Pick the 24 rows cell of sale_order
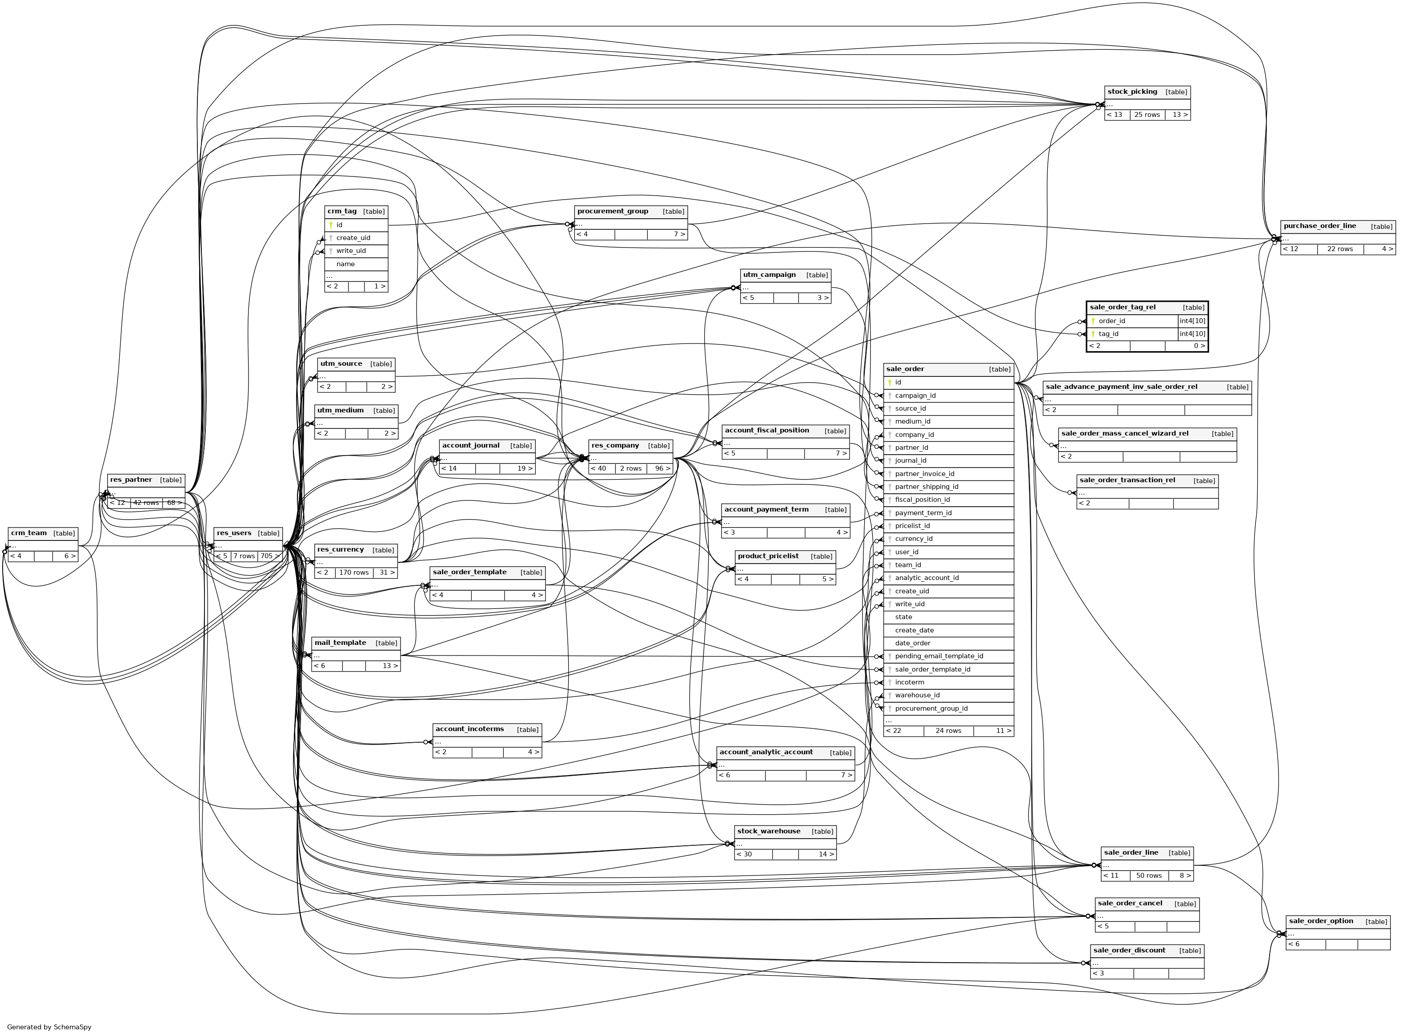tap(948, 731)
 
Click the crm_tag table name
tap(342, 212)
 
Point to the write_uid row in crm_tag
tap(351, 251)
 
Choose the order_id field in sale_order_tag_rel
tap(1112, 321)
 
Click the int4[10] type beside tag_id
tap(1192, 334)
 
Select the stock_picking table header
tap(1132, 92)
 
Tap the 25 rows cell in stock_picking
tap(1147, 115)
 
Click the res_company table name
tap(615, 446)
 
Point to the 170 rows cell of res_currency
tap(354, 572)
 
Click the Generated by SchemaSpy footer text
tap(49, 1027)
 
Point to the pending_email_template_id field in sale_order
tap(938, 656)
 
